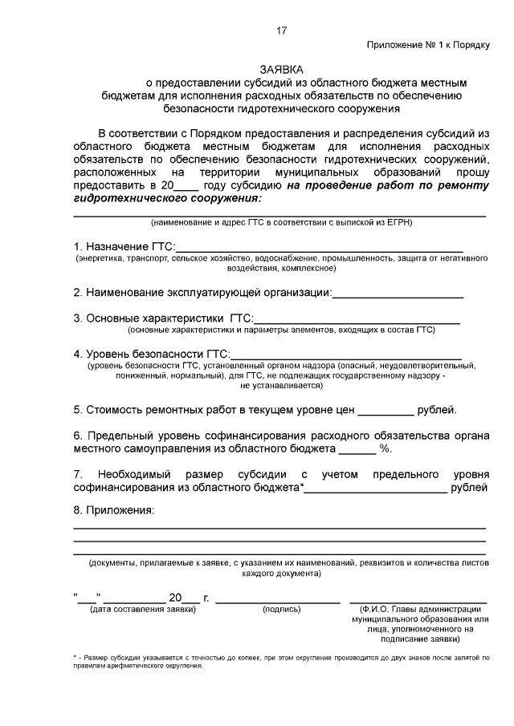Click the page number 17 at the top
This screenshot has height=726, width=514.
(280, 30)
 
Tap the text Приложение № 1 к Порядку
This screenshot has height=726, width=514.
(427, 45)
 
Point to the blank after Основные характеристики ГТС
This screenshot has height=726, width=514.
(357, 320)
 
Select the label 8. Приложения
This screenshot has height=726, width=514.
(113, 510)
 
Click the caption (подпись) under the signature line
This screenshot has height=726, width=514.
(281, 610)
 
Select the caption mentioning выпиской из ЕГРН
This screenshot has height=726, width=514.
(280, 222)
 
